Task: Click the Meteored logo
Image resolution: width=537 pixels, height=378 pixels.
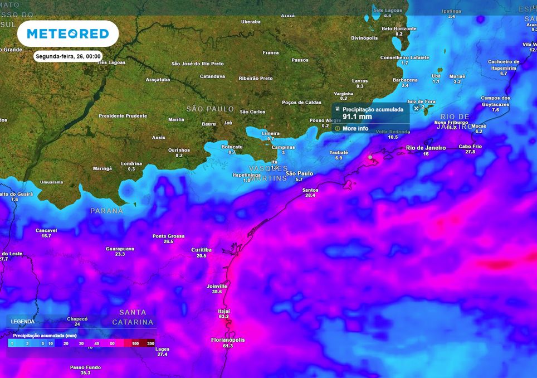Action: tap(68, 34)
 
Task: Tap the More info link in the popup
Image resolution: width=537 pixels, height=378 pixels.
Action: tap(355, 129)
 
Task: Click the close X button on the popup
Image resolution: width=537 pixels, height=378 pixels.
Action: tap(416, 108)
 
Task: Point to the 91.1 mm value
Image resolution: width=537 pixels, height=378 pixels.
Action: tap(357, 118)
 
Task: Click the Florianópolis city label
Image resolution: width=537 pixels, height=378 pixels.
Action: tap(228, 340)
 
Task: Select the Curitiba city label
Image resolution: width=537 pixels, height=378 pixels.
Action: tap(201, 249)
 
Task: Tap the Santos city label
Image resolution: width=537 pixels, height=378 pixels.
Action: tap(310, 190)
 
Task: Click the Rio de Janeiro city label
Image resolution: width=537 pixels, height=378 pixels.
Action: tap(426, 147)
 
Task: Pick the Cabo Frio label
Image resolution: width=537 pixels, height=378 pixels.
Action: tap(470, 146)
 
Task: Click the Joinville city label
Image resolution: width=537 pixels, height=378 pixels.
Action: tap(217, 286)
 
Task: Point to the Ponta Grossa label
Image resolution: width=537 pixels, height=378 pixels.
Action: tap(168, 236)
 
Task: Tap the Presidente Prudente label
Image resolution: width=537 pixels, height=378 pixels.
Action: tap(123, 116)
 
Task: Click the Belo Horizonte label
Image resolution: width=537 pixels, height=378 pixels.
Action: tap(399, 28)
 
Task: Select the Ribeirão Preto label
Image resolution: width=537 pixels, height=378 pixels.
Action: tap(256, 79)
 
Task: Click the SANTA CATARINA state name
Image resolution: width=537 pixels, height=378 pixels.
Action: tap(133, 317)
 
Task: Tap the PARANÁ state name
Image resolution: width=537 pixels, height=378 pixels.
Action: tap(106, 211)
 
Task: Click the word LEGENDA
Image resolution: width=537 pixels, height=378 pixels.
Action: tap(23, 322)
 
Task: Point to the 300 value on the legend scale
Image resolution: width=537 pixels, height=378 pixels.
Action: tap(150, 343)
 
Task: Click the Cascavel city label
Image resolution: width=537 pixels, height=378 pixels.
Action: tap(46, 230)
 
